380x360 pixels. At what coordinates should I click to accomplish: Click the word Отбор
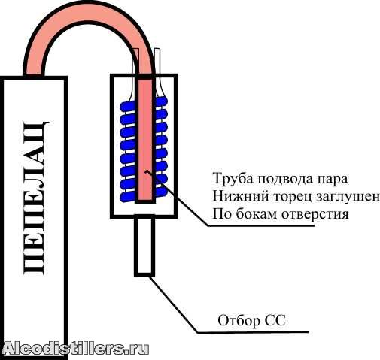(239, 320)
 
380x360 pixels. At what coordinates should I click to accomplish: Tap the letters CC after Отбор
(275, 320)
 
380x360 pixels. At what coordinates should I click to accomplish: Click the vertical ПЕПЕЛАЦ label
(35, 198)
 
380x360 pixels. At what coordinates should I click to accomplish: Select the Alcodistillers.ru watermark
(75, 348)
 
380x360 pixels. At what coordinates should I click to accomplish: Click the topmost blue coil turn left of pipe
(128, 106)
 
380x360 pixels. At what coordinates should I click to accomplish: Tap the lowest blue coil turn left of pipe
(128, 197)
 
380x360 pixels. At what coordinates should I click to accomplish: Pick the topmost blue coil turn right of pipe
(161, 101)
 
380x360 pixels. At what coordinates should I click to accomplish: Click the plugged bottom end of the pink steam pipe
(144, 201)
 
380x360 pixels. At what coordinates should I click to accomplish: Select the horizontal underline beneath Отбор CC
(253, 332)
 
